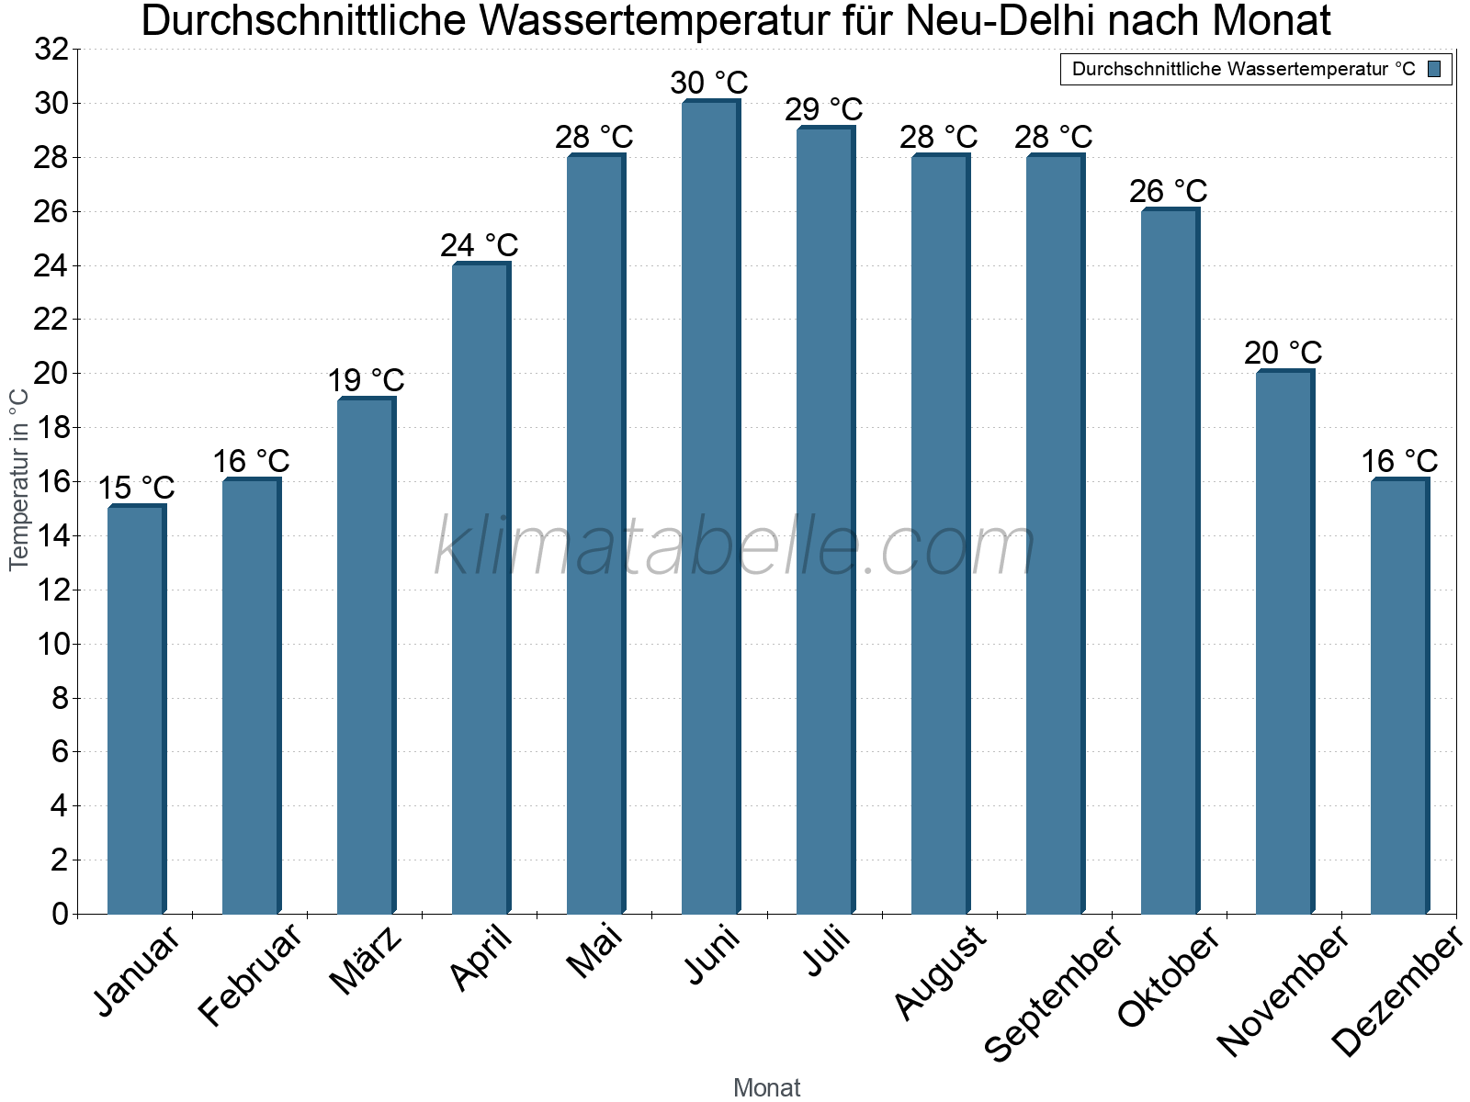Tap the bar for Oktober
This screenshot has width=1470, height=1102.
click(x=1170, y=561)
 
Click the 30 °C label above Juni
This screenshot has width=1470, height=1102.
click(x=709, y=83)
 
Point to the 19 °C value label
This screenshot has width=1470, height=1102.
click(x=366, y=380)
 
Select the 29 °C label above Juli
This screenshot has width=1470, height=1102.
click(x=824, y=109)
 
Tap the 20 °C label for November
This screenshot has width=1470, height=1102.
click(x=1283, y=353)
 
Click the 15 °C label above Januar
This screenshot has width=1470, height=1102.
click(x=136, y=488)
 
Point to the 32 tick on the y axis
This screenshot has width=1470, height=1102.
click(x=51, y=50)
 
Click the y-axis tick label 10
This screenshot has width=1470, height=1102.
click(x=53, y=645)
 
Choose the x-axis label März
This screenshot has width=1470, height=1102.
click(x=366, y=961)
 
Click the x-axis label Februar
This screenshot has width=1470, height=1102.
click(x=250, y=974)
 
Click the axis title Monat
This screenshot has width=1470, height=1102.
click(x=767, y=1087)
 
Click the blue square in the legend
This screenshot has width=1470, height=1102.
click(x=1434, y=69)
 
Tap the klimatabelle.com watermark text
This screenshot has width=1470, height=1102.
click(x=735, y=546)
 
